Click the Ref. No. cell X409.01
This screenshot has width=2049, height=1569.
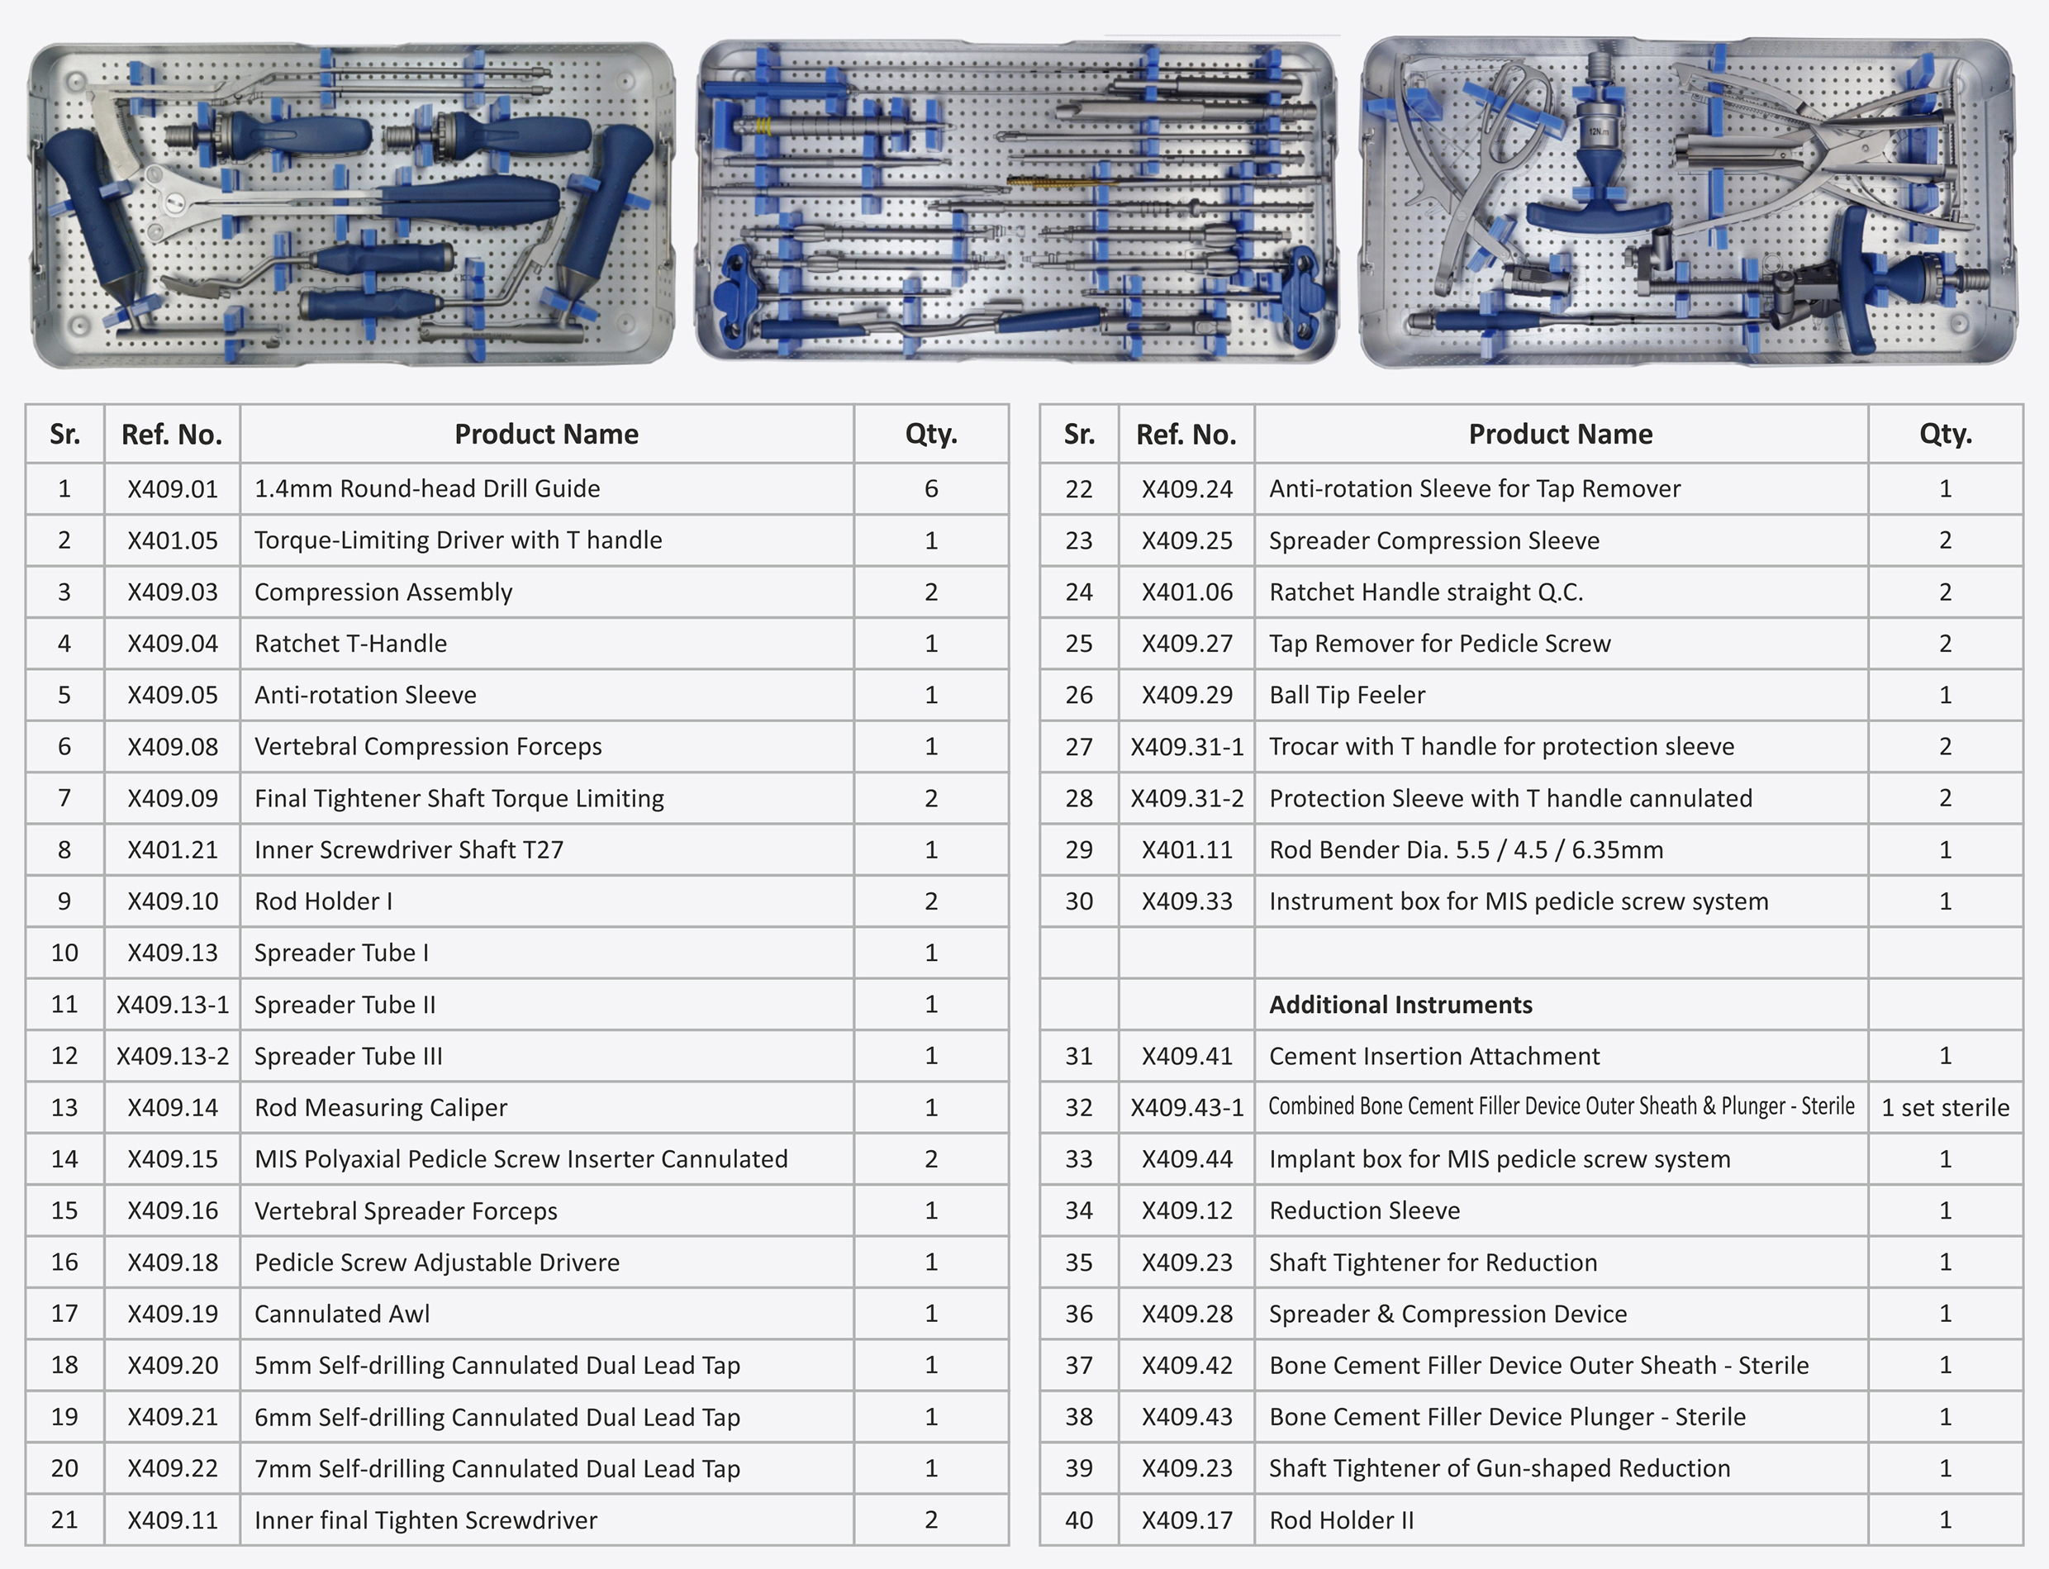[x=172, y=488]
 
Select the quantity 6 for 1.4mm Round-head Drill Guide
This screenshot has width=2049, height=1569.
[x=930, y=488]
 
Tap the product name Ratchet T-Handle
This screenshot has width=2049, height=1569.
[x=350, y=644]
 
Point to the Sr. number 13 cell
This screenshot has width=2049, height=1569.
[x=64, y=1108]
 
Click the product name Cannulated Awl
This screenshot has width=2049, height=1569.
[x=342, y=1314]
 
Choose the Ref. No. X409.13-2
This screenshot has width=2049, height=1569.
[x=172, y=1056]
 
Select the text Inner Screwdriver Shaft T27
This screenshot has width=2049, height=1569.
[x=408, y=850]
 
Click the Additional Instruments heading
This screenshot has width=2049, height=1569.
[x=1400, y=1005]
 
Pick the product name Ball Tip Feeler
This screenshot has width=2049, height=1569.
[x=1347, y=695]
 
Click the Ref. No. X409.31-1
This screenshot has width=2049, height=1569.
[x=1186, y=747]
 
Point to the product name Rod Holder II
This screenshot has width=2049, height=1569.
[x=1341, y=1520]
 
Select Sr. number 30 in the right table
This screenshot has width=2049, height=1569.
[x=1079, y=901]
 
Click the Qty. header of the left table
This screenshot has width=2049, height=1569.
[x=930, y=435]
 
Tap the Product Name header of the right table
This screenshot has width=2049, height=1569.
[x=1560, y=435]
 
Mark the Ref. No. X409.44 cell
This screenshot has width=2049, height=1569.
[x=1186, y=1159]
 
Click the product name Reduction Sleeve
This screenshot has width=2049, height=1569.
[x=1363, y=1210]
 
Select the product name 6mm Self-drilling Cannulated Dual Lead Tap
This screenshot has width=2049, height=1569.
[x=497, y=1418]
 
